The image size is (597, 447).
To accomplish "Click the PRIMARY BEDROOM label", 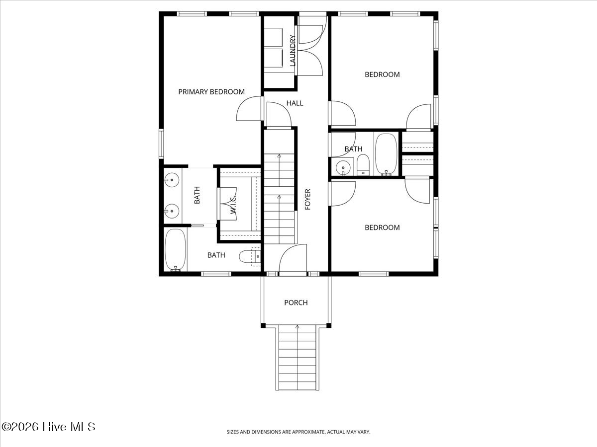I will pyautogui.click(x=211, y=92).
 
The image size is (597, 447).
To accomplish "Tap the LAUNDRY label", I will pyautogui.click(x=293, y=51).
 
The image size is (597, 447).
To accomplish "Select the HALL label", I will pyautogui.click(x=295, y=103).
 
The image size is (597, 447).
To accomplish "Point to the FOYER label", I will pyautogui.click(x=307, y=199).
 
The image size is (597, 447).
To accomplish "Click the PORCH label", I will pyautogui.click(x=296, y=302).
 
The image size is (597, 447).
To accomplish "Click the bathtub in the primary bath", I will pyautogui.click(x=175, y=250).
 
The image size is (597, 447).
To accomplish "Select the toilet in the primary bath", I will pyautogui.click(x=248, y=256).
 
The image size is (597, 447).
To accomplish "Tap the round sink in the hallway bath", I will pyautogui.click(x=342, y=168).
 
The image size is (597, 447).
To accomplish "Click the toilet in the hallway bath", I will pyautogui.click(x=364, y=164).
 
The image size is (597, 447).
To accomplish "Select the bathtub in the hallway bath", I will pyautogui.click(x=386, y=154).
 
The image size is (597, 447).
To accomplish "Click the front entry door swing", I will pyautogui.click(x=293, y=259).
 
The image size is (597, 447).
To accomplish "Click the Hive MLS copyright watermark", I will pyautogui.click(x=48, y=427).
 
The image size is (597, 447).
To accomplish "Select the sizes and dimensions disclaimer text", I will pyautogui.click(x=298, y=432).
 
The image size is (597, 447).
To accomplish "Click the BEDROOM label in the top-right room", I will pyautogui.click(x=382, y=74).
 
